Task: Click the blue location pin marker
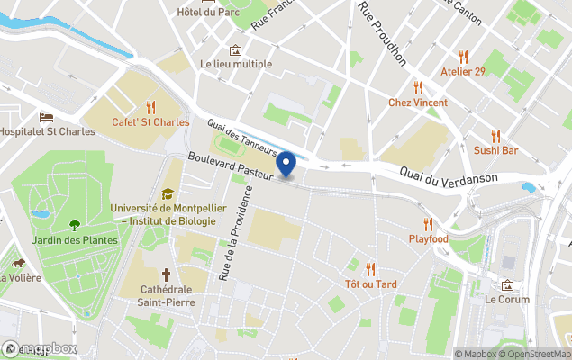[286, 165]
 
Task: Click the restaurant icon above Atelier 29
[463, 56]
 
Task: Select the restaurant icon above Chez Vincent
[418, 87]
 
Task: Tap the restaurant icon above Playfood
[428, 224]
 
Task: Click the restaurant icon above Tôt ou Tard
[370, 268]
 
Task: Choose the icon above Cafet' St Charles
[150, 106]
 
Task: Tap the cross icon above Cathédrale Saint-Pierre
[166, 274]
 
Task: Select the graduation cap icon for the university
[167, 193]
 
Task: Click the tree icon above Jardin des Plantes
[74, 225]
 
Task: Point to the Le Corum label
[507, 299]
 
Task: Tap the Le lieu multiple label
[236, 64]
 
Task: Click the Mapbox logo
[40, 348]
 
